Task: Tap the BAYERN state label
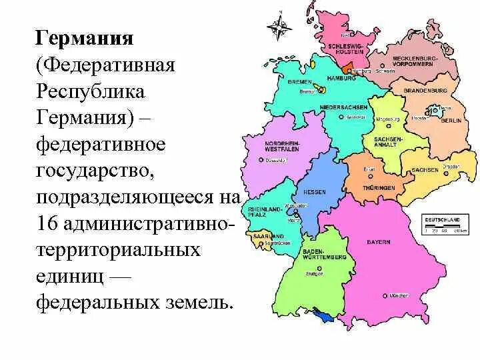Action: click(377, 241)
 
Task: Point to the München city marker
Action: click(385, 295)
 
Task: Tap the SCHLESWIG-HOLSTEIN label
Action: click(345, 48)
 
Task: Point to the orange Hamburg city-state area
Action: click(347, 69)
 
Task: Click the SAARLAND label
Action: click(267, 236)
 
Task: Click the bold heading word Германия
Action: click(85, 38)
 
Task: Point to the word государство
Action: click(96, 171)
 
